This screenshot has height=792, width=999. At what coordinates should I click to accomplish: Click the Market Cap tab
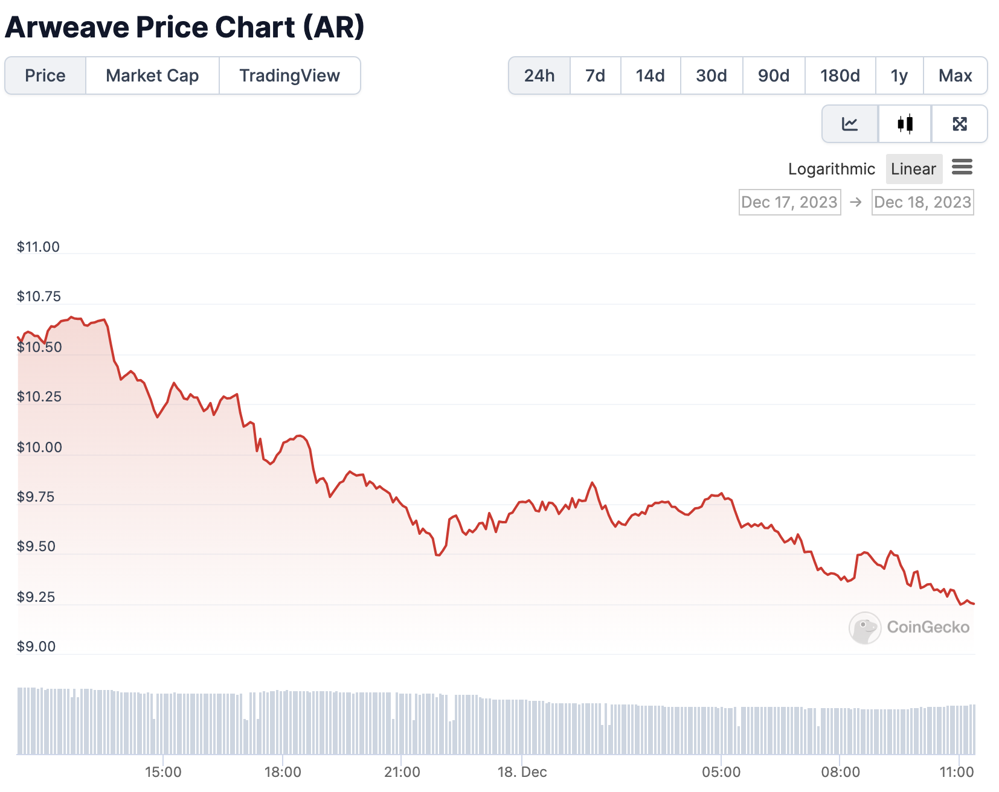tap(152, 75)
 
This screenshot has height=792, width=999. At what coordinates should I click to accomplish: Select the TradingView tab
tap(289, 75)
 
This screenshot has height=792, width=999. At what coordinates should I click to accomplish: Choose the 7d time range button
tap(595, 75)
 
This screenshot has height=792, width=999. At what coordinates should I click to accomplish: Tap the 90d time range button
tap(773, 75)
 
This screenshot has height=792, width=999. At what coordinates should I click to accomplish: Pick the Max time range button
tap(955, 75)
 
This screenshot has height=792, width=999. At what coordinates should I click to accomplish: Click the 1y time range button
tap(899, 75)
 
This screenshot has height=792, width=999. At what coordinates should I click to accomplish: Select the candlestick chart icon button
tap(905, 124)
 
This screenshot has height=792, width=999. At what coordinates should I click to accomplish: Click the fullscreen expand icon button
tap(959, 124)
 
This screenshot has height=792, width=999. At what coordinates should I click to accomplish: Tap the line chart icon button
tap(850, 124)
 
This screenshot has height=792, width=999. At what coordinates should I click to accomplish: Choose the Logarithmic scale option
tap(831, 169)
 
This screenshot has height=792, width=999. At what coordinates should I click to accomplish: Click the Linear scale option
tap(913, 169)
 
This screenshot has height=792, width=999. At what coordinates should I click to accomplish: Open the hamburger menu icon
tap(962, 167)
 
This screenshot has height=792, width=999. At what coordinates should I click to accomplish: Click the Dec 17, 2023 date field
tap(789, 202)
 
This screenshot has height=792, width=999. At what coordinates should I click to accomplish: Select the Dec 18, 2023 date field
tap(922, 202)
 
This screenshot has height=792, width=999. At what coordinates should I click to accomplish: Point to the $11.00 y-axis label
tap(38, 247)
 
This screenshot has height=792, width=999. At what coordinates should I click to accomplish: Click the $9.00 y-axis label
tap(36, 647)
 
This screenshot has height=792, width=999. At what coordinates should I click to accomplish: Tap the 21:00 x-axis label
tap(402, 772)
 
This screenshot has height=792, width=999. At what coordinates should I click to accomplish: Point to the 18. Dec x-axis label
tap(522, 772)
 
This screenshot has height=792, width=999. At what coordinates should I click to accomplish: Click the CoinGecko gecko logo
tap(864, 628)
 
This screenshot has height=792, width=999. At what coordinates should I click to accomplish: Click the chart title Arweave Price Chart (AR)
tap(185, 27)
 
